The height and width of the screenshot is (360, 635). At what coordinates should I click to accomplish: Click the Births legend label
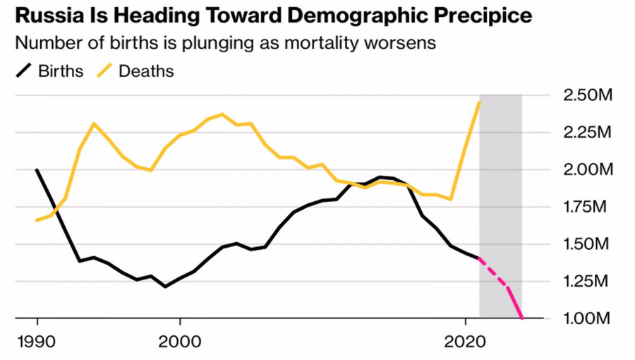61,71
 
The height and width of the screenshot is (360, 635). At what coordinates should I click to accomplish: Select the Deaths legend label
146,71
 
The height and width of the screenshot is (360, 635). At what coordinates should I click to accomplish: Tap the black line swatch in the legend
24,71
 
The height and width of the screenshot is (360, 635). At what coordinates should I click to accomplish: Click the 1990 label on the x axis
37,340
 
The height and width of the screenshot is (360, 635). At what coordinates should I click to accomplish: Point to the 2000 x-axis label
180,340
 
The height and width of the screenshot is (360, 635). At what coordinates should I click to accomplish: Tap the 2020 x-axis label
466,340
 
